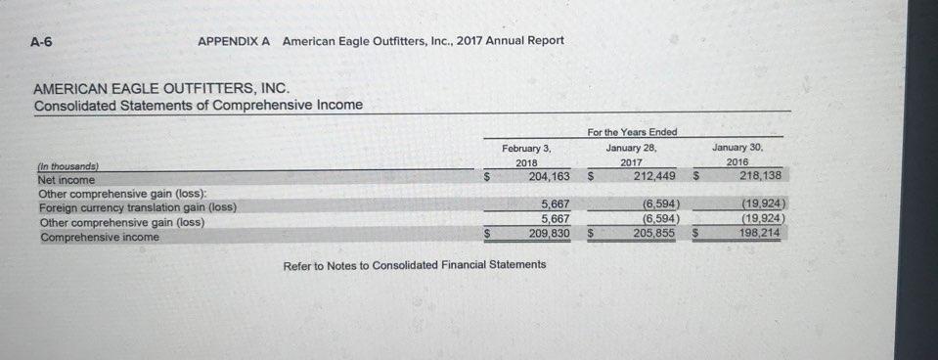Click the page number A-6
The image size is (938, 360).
pyautogui.click(x=41, y=41)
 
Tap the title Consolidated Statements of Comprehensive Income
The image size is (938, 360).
pyautogui.click(x=198, y=105)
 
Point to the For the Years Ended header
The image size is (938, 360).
pyautogui.click(x=632, y=132)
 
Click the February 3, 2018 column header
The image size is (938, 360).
pyautogui.click(x=526, y=155)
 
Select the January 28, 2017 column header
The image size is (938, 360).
pyautogui.click(x=632, y=155)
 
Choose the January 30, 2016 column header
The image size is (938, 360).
pyautogui.click(x=741, y=155)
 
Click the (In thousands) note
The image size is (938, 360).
pyautogui.click(x=67, y=167)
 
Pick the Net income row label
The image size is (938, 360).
pyautogui.click(x=67, y=180)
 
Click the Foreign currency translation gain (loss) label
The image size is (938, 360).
pyautogui.click(x=137, y=207)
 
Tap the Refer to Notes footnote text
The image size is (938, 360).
pyautogui.click(x=415, y=265)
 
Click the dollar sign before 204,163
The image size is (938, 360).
pyautogui.click(x=487, y=178)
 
